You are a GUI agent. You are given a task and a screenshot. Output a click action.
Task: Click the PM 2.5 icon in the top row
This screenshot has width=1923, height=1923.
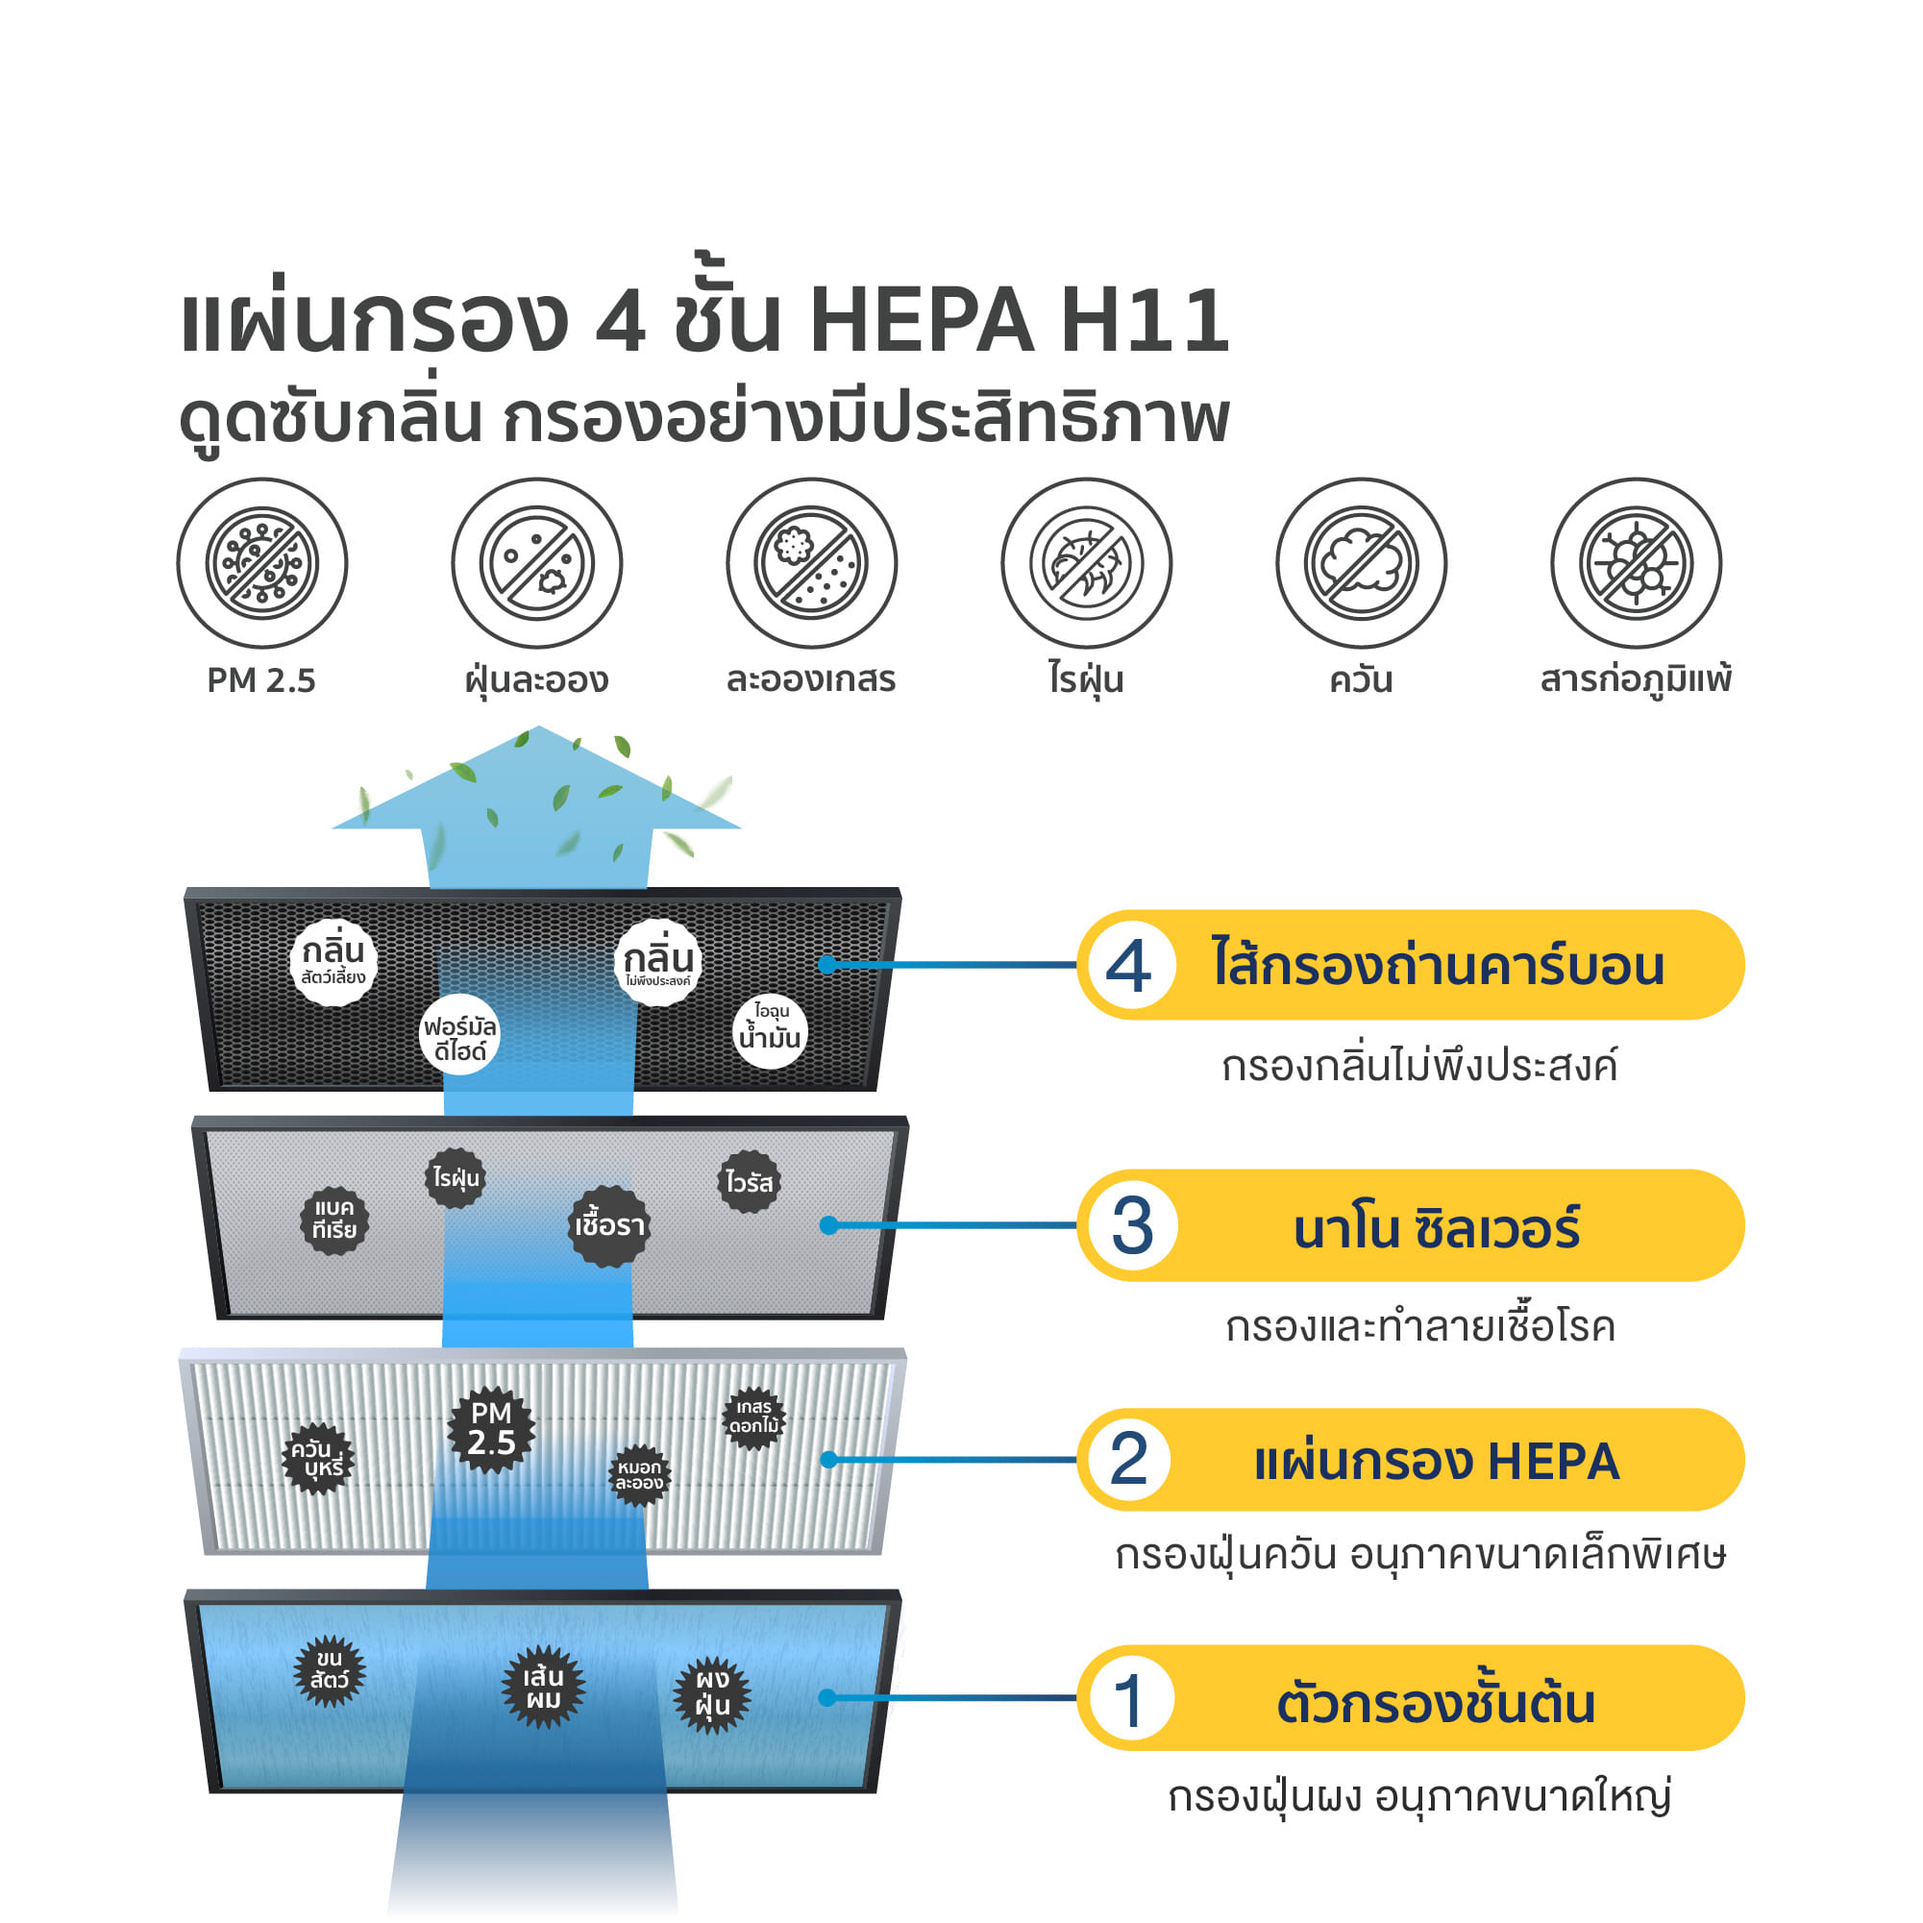(x=261, y=563)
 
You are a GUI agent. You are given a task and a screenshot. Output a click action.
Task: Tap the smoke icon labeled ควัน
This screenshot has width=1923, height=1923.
(x=1361, y=563)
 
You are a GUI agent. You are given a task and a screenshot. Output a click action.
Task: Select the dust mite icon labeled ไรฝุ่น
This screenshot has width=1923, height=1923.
(x=1086, y=563)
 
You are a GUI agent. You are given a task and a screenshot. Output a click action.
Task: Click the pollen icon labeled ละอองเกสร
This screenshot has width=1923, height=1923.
(x=811, y=563)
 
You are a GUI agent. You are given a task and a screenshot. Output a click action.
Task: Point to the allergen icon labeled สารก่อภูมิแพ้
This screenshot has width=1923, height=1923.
(x=1636, y=563)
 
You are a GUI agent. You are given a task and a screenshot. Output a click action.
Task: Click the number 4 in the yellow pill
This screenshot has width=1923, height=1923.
(x=1127, y=966)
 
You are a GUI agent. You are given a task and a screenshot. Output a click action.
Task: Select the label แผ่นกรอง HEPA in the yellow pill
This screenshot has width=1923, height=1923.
(x=1437, y=1461)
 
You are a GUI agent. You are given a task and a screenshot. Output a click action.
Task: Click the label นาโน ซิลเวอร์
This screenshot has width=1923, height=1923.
(x=1437, y=1227)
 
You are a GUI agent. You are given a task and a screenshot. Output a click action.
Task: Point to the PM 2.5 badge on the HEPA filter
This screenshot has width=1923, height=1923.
(x=491, y=1428)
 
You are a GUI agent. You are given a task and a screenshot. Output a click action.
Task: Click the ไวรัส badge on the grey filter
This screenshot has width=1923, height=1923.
(x=749, y=1181)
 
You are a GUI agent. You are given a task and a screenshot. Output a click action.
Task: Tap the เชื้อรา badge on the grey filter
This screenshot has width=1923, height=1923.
(x=609, y=1225)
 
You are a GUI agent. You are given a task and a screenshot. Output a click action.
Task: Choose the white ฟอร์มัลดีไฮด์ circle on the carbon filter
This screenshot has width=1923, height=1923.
(x=458, y=1034)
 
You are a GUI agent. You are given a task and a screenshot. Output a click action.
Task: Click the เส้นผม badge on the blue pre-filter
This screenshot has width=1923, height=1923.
(x=542, y=1688)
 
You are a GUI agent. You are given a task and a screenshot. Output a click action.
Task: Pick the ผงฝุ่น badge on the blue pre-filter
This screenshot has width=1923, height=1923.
(x=712, y=1695)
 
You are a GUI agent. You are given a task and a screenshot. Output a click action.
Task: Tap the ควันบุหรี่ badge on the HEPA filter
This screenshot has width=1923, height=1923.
(x=318, y=1458)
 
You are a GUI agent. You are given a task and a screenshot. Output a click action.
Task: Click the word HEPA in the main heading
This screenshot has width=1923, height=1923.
(x=923, y=321)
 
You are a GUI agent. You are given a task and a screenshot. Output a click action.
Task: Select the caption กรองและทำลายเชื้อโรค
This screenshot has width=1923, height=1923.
(x=1420, y=1326)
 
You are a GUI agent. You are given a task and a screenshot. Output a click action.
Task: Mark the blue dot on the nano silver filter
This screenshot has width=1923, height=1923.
(x=828, y=1225)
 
